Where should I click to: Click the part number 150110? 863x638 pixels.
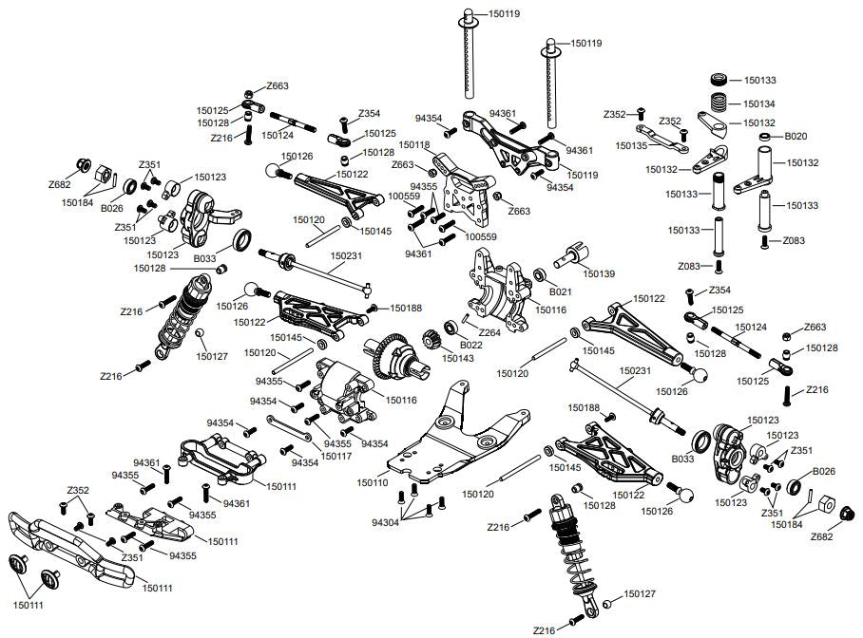point(373,483)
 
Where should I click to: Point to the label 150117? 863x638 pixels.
point(337,456)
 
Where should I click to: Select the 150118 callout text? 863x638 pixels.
point(414,145)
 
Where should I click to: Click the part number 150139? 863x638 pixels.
point(600,272)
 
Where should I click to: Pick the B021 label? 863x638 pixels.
point(561,292)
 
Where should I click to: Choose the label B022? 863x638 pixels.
point(470,345)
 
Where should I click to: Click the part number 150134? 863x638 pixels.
point(759,103)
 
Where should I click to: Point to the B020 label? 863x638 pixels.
point(796,137)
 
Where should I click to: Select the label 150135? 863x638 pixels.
point(631,146)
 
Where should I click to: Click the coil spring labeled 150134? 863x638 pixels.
point(721,101)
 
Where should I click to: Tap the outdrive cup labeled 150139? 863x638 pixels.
point(576,254)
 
